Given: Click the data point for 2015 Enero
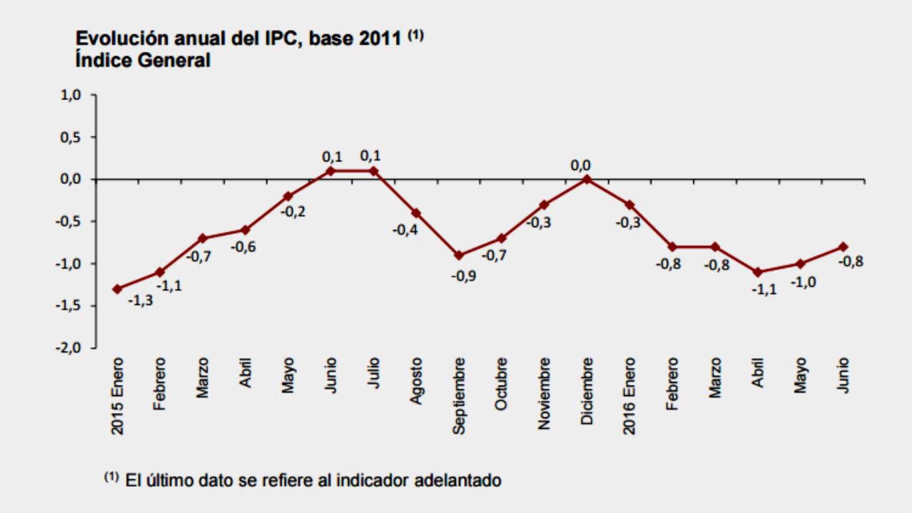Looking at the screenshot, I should pyautogui.click(x=117, y=289).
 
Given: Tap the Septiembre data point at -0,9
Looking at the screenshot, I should pyautogui.click(x=459, y=255).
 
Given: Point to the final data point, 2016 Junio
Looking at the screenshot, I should pyautogui.click(x=843, y=247).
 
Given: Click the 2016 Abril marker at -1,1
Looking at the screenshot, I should pyautogui.click(x=758, y=272).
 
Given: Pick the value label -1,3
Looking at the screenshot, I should pyautogui.click(x=140, y=300).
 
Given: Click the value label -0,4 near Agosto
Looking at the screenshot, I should pyautogui.click(x=405, y=230).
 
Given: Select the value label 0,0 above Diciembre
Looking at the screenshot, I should pyautogui.click(x=581, y=166).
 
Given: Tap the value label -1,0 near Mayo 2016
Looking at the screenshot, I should pyautogui.click(x=803, y=282).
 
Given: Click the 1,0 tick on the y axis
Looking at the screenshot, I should pyautogui.click(x=71, y=95).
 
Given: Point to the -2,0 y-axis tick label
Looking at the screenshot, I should pyautogui.click(x=68, y=348).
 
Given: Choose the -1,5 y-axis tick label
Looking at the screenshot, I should pyautogui.click(x=68, y=306).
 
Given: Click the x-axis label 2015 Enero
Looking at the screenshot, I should pyautogui.click(x=117, y=396).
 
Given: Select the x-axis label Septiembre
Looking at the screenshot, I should pyautogui.click(x=459, y=396).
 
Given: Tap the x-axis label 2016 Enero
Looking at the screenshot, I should pyautogui.click(x=629, y=396).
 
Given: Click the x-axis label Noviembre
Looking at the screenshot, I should pyautogui.click(x=544, y=393).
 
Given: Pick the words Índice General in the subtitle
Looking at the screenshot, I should pyautogui.click(x=143, y=60).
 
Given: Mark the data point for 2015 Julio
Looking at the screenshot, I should pyautogui.click(x=374, y=171).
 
